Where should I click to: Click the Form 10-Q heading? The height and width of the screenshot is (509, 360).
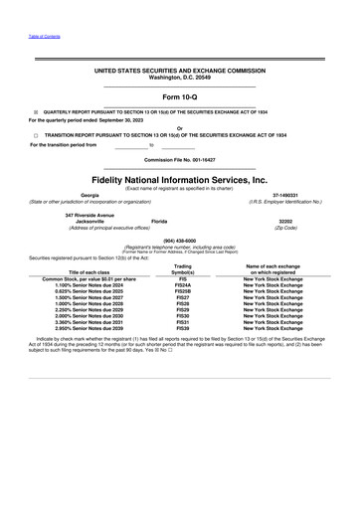pos(180,95)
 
